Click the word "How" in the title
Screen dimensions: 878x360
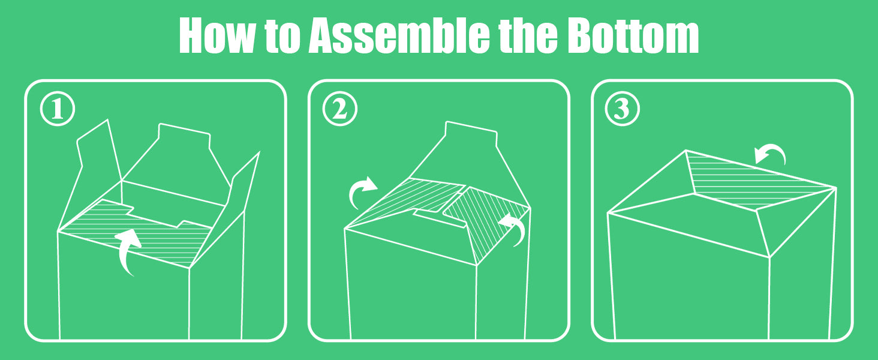click(x=217, y=35)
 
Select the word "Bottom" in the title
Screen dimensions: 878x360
click(x=633, y=35)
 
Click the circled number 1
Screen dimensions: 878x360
click(x=58, y=109)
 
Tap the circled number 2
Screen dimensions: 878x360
click(x=340, y=109)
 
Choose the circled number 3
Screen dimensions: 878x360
click(x=622, y=109)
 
